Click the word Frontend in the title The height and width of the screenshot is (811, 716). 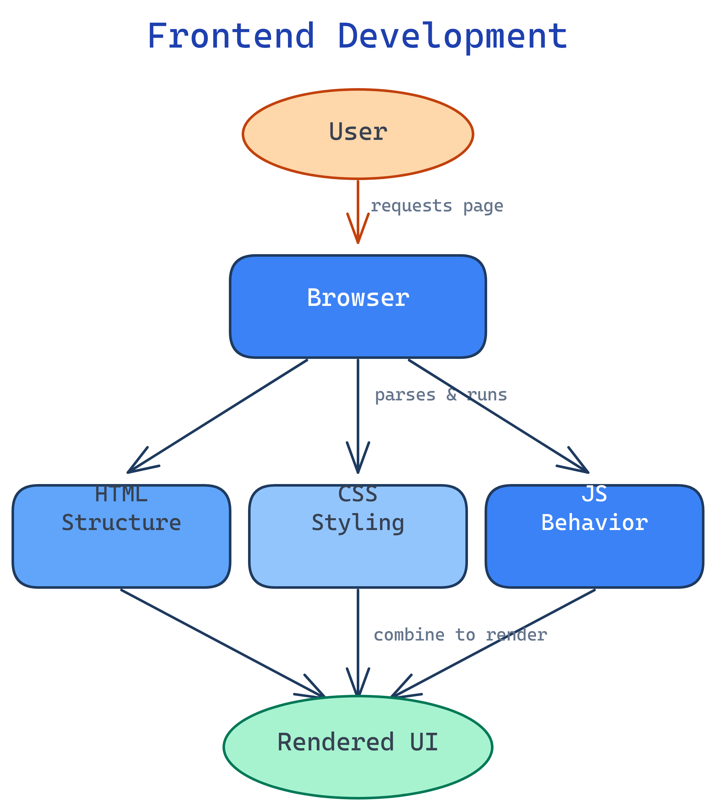pyautogui.click(x=231, y=36)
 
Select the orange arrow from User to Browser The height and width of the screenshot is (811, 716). pyautogui.click(x=358, y=206)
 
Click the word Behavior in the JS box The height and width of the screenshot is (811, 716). pyautogui.click(x=594, y=523)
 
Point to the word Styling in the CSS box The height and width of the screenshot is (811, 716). pyautogui.click(x=357, y=523)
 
